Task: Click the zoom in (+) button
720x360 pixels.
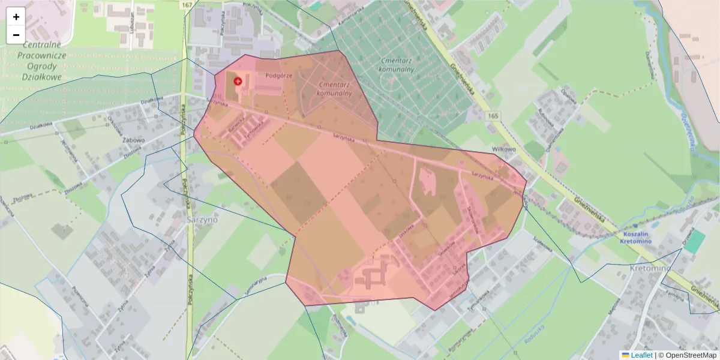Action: [x=16, y=17]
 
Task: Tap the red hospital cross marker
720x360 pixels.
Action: [x=238, y=80]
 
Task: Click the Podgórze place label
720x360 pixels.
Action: [x=278, y=76]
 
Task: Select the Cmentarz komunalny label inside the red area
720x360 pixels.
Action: [x=334, y=89]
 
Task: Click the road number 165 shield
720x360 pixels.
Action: [x=493, y=115]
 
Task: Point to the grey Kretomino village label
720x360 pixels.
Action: [x=650, y=268]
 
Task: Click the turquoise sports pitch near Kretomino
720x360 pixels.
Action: [x=695, y=241]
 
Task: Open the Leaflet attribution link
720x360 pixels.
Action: [x=641, y=355]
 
